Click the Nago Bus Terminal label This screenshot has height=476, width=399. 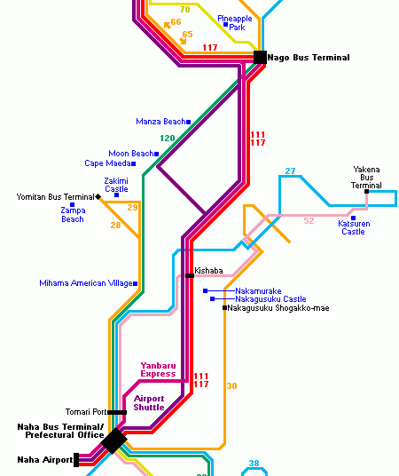click(x=309, y=58)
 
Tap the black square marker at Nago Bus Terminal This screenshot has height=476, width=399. click(x=260, y=57)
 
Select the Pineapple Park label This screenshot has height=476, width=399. click(x=235, y=23)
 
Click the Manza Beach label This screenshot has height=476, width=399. click(x=160, y=122)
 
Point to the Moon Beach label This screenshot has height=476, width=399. click(x=131, y=154)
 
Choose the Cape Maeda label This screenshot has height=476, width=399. click(x=107, y=163)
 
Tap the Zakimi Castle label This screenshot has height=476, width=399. click(x=116, y=185)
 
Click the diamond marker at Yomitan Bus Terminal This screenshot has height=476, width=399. click(x=98, y=197)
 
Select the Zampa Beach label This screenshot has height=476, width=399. click(x=73, y=215)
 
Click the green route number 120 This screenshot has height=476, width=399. click(x=168, y=139)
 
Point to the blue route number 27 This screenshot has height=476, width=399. click(x=290, y=171)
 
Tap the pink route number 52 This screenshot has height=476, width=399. click(x=309, y=221)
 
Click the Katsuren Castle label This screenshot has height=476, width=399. click(x=354, y=227)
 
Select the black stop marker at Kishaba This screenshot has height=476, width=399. click(x=190, y=275)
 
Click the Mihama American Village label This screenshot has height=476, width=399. click(x=86, y=283)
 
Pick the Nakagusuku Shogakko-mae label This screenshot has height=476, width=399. click(x=278, y=308)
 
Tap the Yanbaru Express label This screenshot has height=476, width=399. click(x=158, y=369)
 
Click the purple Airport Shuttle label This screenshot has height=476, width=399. click(x=149, y=403)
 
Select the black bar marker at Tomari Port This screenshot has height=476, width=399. click(x=117, y=412)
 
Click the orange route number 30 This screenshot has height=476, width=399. click(x=232, y=385)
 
